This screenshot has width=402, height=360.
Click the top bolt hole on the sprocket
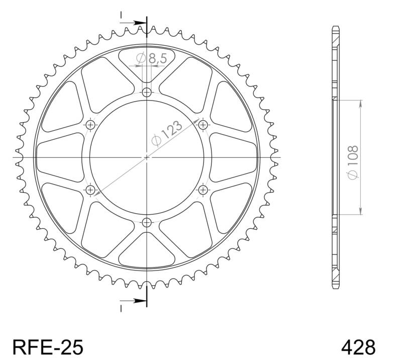click(x=147, y=92)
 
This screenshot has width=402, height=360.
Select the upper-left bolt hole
click(x=90, y=125)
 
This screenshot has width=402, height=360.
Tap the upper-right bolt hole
click(x=203, y=124)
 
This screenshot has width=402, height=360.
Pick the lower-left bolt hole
click(x=90, y=190)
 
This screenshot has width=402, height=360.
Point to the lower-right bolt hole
click(x=203, y=190)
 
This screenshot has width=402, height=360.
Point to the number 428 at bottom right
click(x=358, y=346)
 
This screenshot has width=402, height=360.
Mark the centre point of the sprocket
click(x=147, y=157)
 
